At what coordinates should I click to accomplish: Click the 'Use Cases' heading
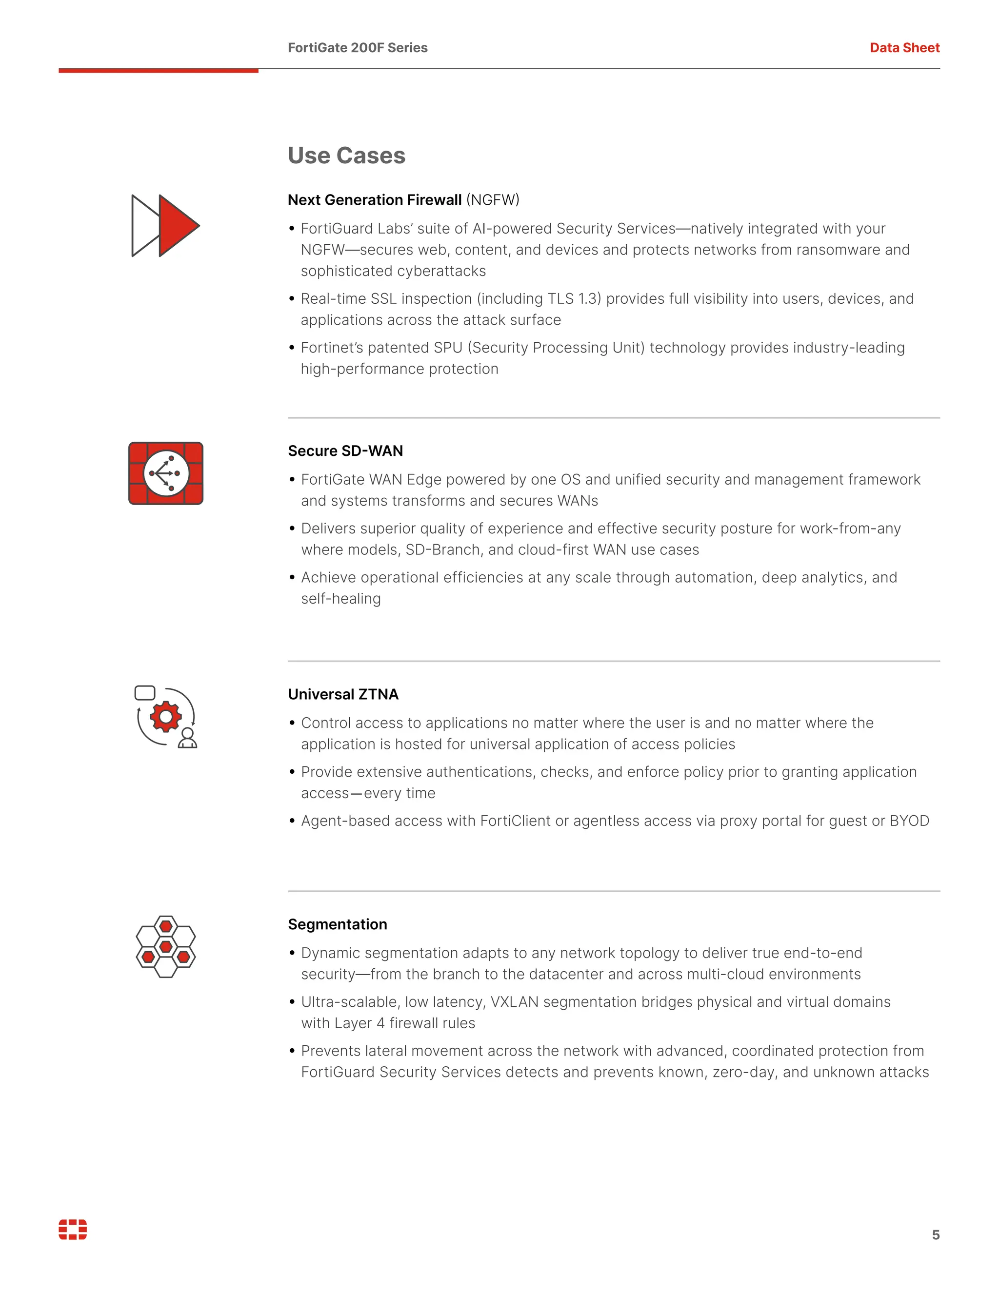pos(346,156)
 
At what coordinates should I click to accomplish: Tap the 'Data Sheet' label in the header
pos(904,48)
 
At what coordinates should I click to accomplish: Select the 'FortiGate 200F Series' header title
pos(358,48)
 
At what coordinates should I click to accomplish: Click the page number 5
pos(936,1234)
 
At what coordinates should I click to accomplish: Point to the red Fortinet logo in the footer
pos(73,1229)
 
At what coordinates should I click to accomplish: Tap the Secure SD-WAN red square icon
pos(166,473)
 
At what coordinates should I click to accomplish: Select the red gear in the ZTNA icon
pos(166,716)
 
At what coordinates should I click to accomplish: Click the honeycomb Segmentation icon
pos(166,946)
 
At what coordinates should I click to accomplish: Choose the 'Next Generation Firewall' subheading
pos(374,200)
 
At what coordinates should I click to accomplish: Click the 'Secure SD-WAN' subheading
pos(345,451)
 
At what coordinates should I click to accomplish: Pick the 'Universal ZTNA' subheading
pos(343,694)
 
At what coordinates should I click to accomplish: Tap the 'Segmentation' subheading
pos(338,924)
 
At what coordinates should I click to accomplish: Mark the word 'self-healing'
pos(341,599)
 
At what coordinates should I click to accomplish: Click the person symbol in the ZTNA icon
pos(188,738)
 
